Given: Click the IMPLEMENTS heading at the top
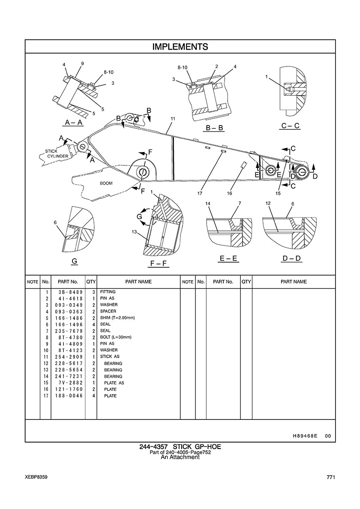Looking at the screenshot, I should click(180, 47).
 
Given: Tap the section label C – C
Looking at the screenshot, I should click(290, 126).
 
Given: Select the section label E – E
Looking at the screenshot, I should click(228, 259).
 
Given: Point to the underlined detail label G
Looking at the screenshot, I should click(74, 261).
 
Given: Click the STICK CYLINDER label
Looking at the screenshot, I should click(57, 154).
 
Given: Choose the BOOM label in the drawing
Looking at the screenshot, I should click(106, 183).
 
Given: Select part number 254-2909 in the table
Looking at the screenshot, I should click(69, 357).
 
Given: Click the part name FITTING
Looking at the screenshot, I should click(108, 292).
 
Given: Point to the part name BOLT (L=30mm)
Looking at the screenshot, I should click(116, 337).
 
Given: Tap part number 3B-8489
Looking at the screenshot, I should click(69, 292).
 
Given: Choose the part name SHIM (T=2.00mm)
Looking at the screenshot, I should click(117, 318).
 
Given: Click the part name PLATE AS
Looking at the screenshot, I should click(114, 383).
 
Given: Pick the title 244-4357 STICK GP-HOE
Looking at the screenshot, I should click(180, 447).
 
